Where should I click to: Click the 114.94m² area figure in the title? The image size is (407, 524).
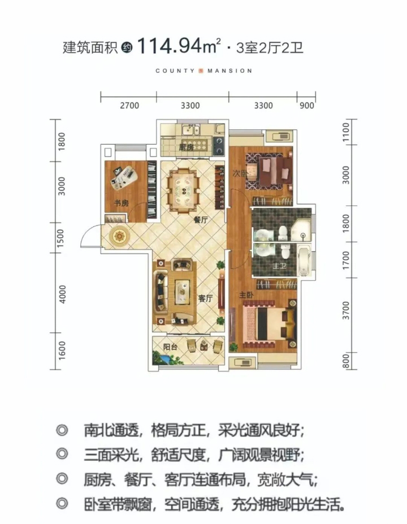coord(179,46)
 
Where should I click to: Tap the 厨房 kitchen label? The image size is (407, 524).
coord(187,147)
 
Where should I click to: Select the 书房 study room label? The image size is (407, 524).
coord(121,203)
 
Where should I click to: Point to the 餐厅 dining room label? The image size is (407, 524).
coord(201,220)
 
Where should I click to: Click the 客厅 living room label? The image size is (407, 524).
coord(205,298)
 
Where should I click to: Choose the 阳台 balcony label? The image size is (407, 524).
coord(170,347)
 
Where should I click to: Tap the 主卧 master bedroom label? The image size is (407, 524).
coord(246,295)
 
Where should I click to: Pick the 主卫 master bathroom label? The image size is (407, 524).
coord(279,266)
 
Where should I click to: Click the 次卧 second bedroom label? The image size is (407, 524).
coord(240,173)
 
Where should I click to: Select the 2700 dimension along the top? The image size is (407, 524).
coord(129,106)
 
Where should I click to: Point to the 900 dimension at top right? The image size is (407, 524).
coord(307,106)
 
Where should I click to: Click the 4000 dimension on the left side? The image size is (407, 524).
coord(62,294)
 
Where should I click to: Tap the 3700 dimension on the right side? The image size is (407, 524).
coord(346,310)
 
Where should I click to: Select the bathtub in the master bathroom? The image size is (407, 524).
coord(304,261)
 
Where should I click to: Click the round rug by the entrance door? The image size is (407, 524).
coord(119,236)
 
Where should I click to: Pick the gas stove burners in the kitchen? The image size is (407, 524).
coord(219,146)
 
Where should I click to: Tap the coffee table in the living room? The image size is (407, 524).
coord(182,292)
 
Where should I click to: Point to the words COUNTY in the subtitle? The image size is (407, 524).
coord(175,71)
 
